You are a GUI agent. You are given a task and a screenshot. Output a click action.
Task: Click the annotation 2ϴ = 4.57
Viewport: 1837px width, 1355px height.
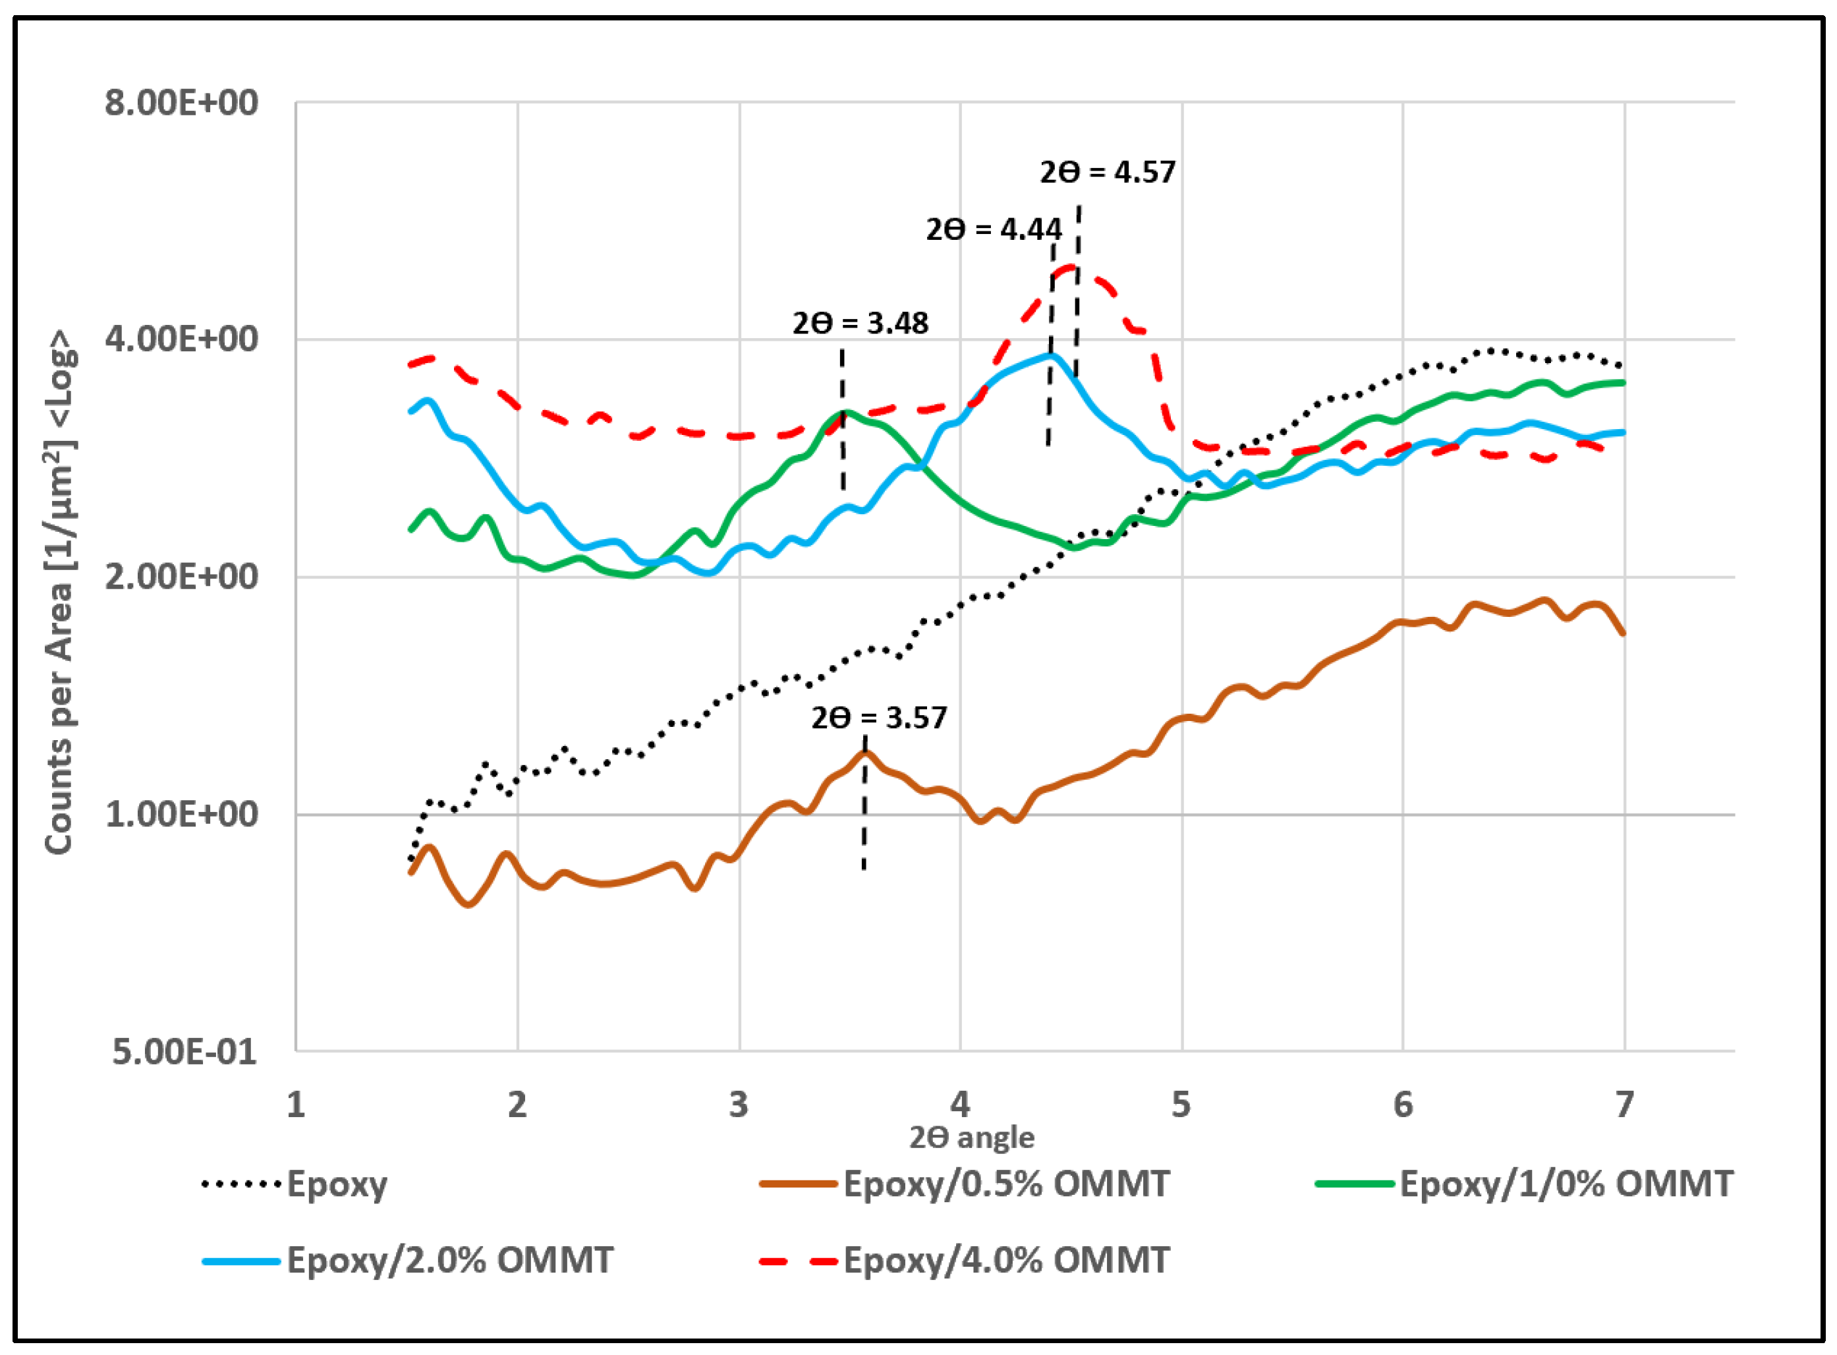pos(1107,172)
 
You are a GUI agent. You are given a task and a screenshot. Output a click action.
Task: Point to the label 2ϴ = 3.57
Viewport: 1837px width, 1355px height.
pos(879,718)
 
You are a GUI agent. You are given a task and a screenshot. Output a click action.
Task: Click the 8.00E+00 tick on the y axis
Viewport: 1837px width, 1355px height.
pos(181,103)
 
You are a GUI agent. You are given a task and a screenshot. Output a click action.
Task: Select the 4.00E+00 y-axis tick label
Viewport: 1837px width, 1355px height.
pos(181,339)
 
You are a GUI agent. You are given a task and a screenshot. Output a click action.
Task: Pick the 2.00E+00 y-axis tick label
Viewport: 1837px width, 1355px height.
pos(181,577)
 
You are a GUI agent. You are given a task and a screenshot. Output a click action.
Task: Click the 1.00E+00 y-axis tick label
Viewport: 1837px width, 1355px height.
pos(181,815)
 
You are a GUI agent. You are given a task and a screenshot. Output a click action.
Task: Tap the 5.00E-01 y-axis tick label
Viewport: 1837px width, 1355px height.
pos(184,1052)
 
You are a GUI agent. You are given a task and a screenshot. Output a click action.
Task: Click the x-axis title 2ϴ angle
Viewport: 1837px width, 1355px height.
pos(972,1138)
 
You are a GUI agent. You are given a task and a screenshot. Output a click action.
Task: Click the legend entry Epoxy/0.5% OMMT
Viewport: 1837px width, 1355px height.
pos(1005,1184)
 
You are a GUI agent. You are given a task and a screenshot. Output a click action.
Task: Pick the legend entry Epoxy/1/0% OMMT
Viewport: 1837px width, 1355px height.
pos(1566,1184)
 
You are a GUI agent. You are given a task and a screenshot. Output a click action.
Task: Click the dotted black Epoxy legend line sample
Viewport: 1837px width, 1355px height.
pos(241,1184)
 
